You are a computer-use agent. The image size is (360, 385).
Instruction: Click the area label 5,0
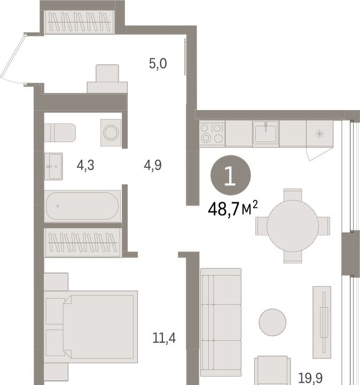coord(158,64)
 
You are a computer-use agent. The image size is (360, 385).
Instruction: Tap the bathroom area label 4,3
coord(85,165)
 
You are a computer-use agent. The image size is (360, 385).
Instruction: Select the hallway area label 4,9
coord(153,165)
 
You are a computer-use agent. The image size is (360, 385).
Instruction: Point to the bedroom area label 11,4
coord(164,338)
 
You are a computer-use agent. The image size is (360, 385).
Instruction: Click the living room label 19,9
coord(310,378)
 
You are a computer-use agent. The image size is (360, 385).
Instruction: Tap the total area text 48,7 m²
coord(233,209)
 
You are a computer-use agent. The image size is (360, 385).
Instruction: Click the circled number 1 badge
coord(231,175)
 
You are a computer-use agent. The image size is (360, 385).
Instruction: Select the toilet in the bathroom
coord(60,133)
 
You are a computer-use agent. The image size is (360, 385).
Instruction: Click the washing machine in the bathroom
coord(111,133)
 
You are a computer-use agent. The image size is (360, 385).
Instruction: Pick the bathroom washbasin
coord(53,166)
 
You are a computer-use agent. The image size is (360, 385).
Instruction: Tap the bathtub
coord(82,206)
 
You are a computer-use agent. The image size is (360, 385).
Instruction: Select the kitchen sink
coord(266,134)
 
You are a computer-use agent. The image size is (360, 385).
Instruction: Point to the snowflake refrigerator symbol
coord(320,134)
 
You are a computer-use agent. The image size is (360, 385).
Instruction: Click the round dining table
coord(293,226)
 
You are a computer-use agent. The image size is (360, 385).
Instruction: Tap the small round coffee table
coord(272,322)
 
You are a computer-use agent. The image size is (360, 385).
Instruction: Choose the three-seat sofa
coord(221,322)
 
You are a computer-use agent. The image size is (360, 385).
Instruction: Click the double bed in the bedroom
coord(91,327)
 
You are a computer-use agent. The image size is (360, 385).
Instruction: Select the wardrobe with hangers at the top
coord(79,22)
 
